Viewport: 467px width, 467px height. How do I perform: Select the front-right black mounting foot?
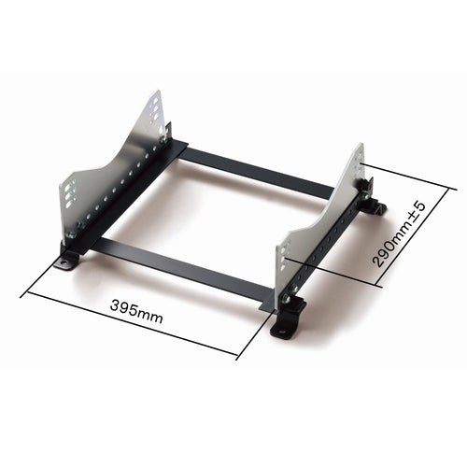286,322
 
